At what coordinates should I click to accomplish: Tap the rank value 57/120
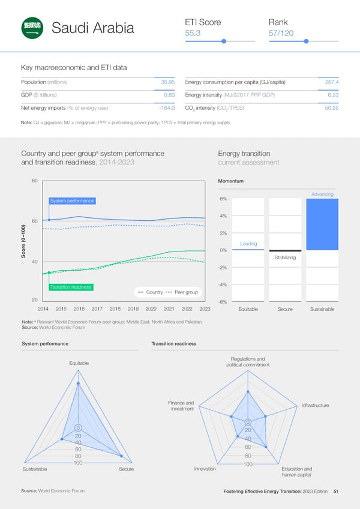pyautogui.click(x=281, y=34)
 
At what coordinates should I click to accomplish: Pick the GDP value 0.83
pyautogui.click(x=169, y=95)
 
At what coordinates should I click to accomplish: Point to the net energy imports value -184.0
pyautogui.click(x=164, y=108)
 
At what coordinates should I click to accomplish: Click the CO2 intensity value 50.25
pyautogui.click(x=332, y=108)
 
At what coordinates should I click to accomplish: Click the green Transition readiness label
pyautogui.click(x=70, y=287)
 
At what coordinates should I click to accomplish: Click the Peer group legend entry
pyautogui.click(x=187, y=292)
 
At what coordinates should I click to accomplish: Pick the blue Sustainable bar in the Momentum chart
pyautogui.click(x=322, y=224)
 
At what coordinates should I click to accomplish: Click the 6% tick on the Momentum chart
pyautogui.click(x=223, y=199)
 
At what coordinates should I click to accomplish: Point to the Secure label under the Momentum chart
pyautogui.click(x=285, y=309)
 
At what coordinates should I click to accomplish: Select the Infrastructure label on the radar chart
pyautogui.click(x=315, y=406)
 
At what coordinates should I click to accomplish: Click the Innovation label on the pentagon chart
pyautogui.click(x=205, y=469)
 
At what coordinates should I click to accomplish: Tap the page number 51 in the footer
pyautogui.click(x=336, y=492)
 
